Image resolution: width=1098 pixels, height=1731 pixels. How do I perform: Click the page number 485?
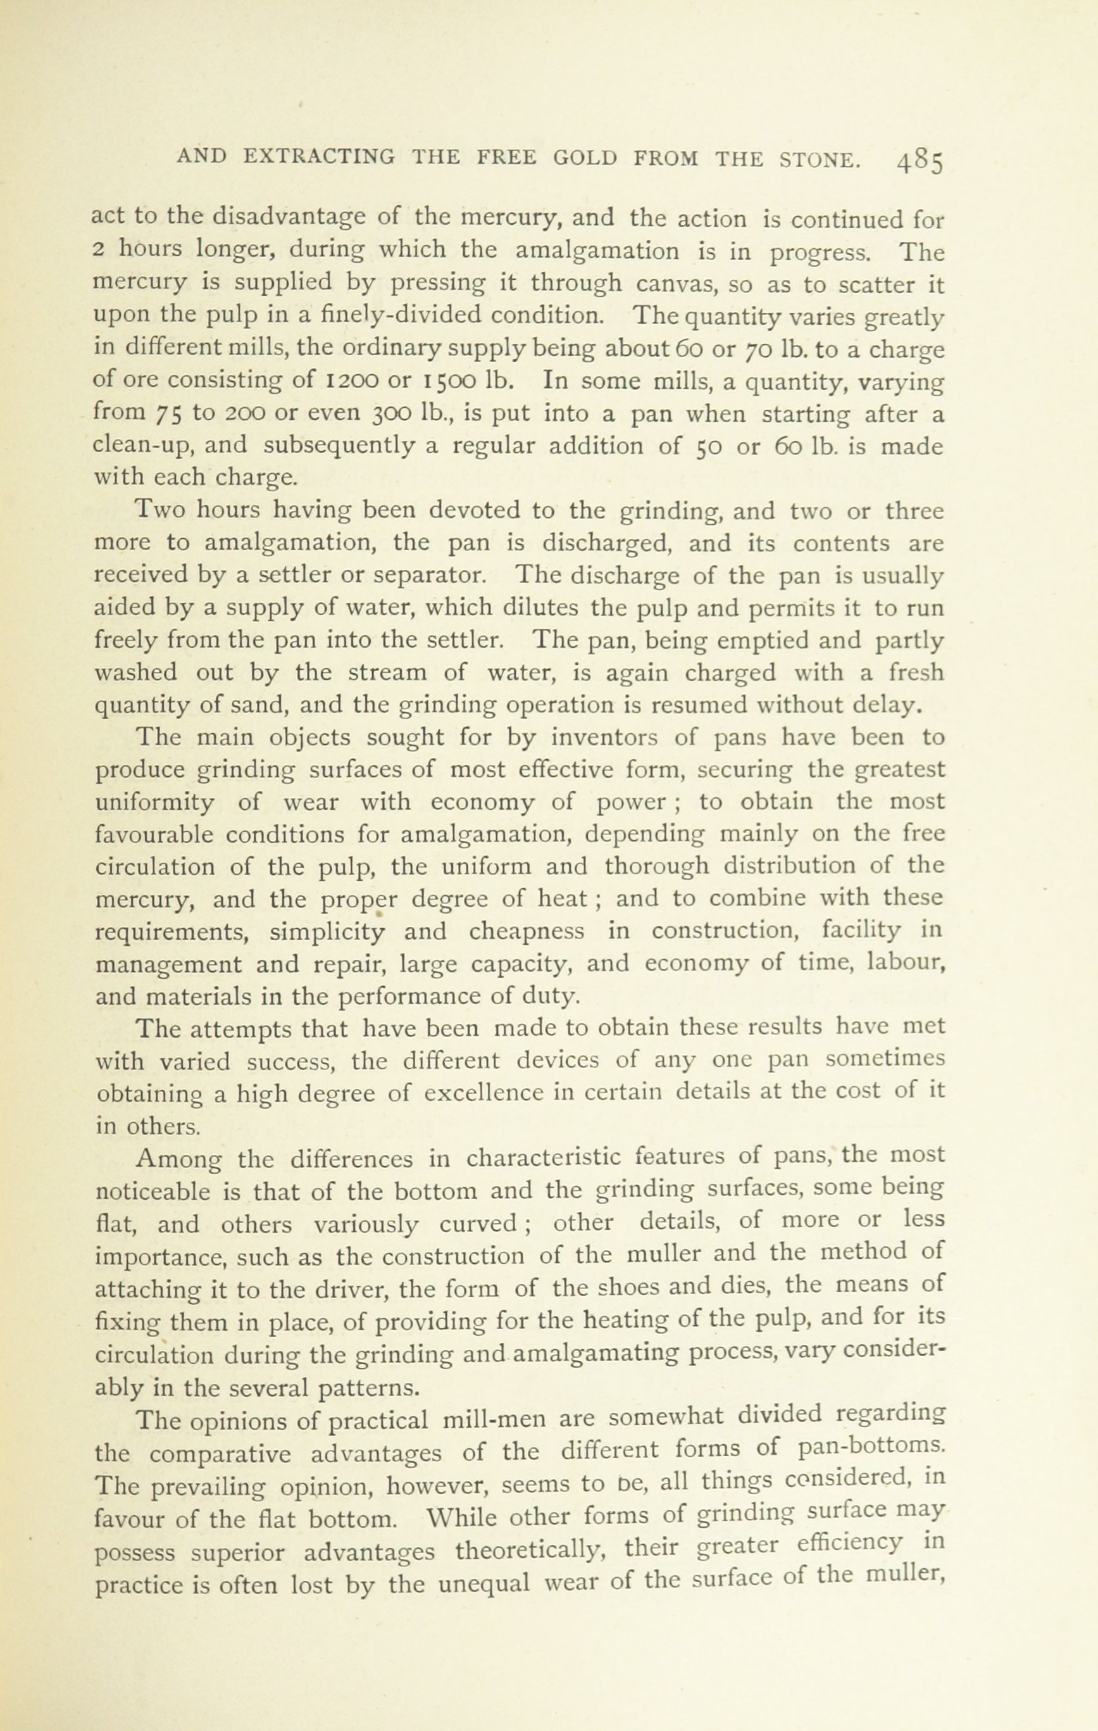pyautogui.click(x=919, y=163)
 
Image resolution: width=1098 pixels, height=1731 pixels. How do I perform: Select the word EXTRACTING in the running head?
pyautogui.click(x=319, y=158)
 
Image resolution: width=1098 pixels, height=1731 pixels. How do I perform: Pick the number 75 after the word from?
pyautogui.click(x=170, y=415)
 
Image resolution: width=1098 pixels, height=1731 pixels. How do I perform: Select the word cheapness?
pyautogui.click(x=526, y=931)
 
